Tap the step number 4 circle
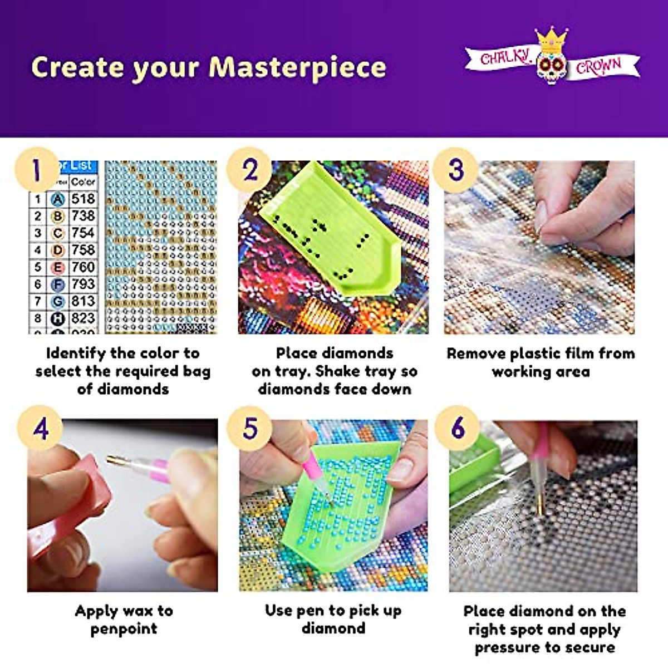(x=40, y=429)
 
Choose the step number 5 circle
(x=250, y=429)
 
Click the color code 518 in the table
(x=83, y=199)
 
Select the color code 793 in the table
(x=83, y=284)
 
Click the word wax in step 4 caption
(x=130, y=611)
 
